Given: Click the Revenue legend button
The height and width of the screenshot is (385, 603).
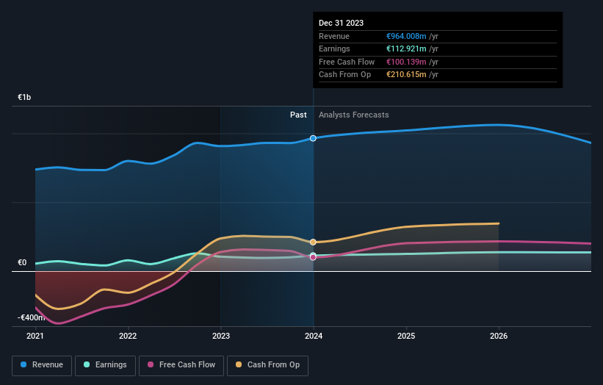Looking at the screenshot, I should click(43, 364).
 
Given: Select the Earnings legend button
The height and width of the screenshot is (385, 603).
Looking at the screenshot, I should click(105, 364).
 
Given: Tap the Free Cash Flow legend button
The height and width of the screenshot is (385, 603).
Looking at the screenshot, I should click(181, 364).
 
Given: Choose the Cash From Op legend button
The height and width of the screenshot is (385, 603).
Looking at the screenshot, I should click(268, 364).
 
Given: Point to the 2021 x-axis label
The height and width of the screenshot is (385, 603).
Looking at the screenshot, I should click(35, 336).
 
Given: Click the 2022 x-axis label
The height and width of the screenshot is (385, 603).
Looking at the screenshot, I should click(128, 336).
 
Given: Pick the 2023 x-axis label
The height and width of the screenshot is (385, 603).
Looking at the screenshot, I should click(221, 336).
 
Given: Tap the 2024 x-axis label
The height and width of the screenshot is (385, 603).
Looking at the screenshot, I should click(314, 336).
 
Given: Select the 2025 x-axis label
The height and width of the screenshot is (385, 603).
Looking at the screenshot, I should click(406, 336).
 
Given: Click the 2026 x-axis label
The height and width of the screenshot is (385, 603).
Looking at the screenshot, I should click(499, 336).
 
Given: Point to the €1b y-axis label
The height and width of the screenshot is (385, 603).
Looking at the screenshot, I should click(25, 98).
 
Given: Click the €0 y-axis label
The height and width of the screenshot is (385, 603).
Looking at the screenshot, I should click(22, 262).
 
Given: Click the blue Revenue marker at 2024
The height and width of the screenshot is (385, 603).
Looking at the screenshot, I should click(314, 138).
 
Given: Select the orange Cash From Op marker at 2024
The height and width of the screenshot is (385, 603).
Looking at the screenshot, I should click(314, 242).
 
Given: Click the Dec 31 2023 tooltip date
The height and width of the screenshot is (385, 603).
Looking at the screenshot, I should click(341, 24).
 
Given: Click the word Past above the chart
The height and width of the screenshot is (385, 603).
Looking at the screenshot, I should click(298, 115).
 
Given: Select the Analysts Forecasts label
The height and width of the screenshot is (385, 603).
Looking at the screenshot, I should click(354, 115).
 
